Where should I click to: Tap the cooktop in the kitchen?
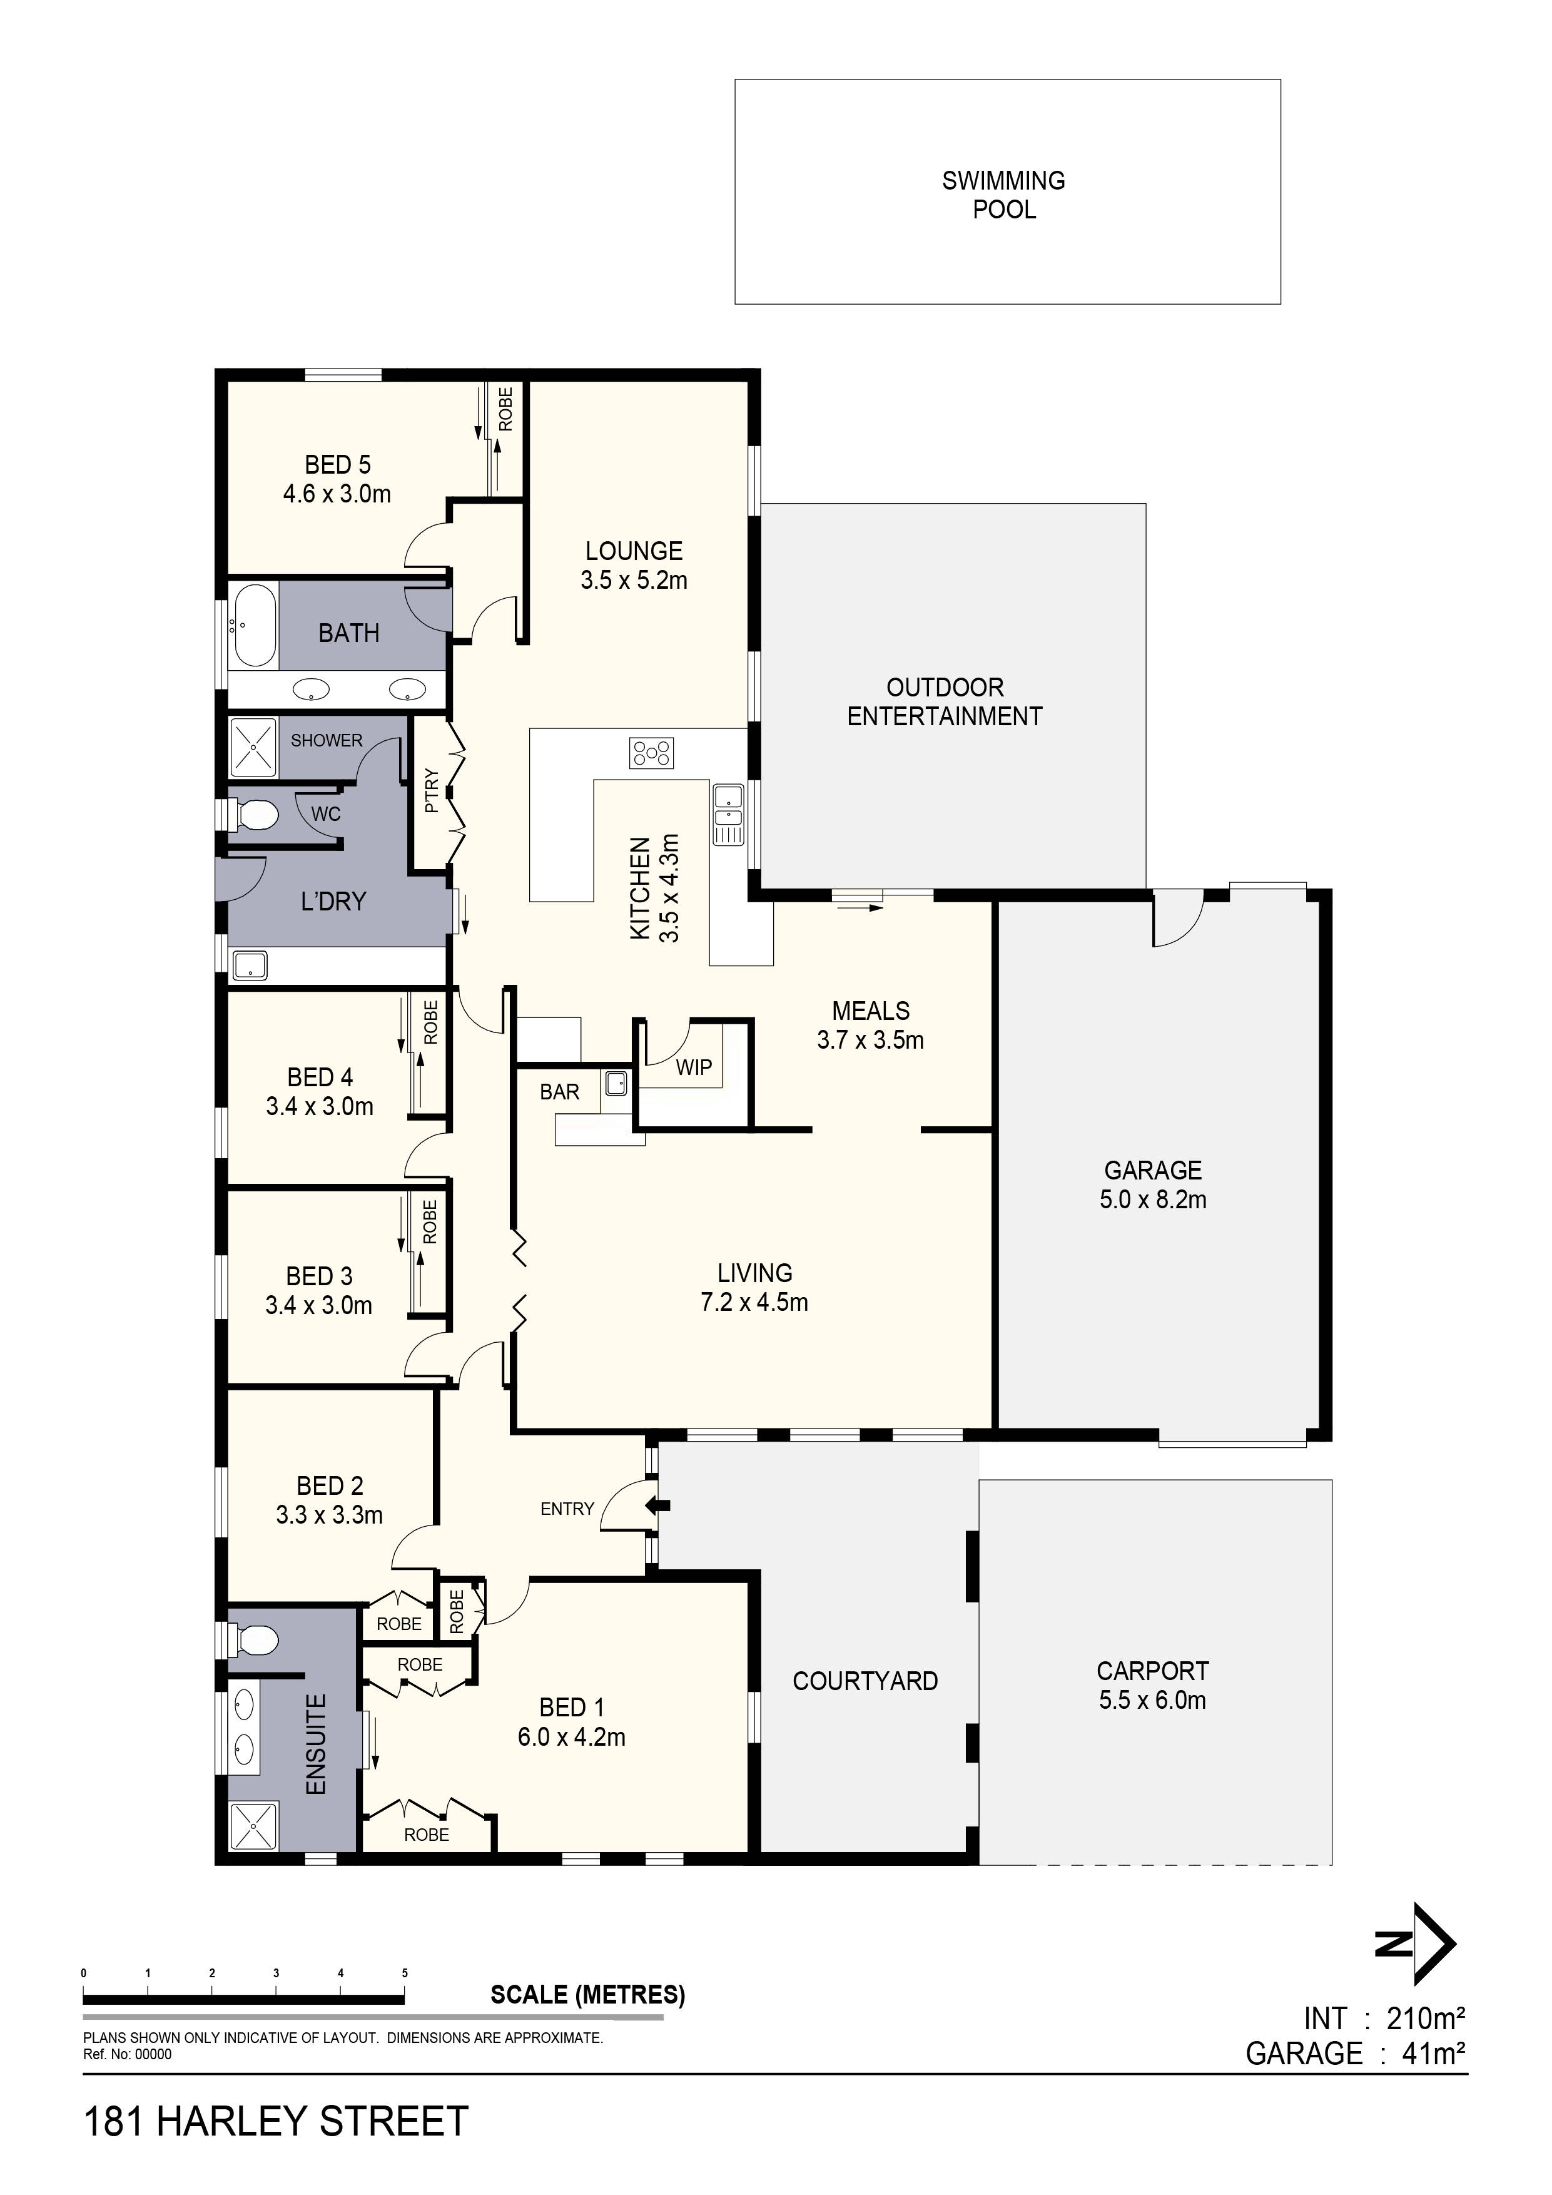651,753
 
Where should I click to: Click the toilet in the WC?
255,815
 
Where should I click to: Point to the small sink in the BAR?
616,1083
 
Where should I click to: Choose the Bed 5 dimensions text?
337,494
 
